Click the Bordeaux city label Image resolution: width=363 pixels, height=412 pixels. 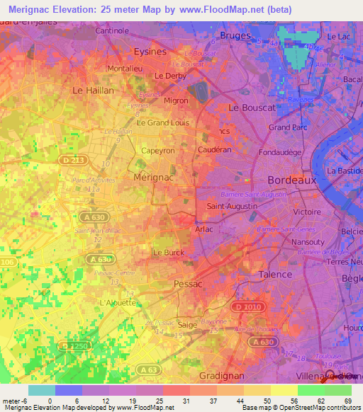click(x=291, y=180)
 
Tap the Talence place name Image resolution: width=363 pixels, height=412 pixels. click(x=274, y=274)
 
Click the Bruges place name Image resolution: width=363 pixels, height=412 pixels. click(x=235, y=35)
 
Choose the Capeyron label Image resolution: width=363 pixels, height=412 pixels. click(x=158, y=150)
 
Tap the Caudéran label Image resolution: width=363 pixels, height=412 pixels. click(x=215, y=150)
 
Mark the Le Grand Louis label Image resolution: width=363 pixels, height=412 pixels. click(x=162, y=122)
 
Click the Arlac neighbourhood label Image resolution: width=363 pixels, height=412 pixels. click(x=204, y=229)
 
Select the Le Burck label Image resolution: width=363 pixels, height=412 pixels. click(x=169, y=252)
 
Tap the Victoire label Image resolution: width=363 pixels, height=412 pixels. click(x=308, y=211)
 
